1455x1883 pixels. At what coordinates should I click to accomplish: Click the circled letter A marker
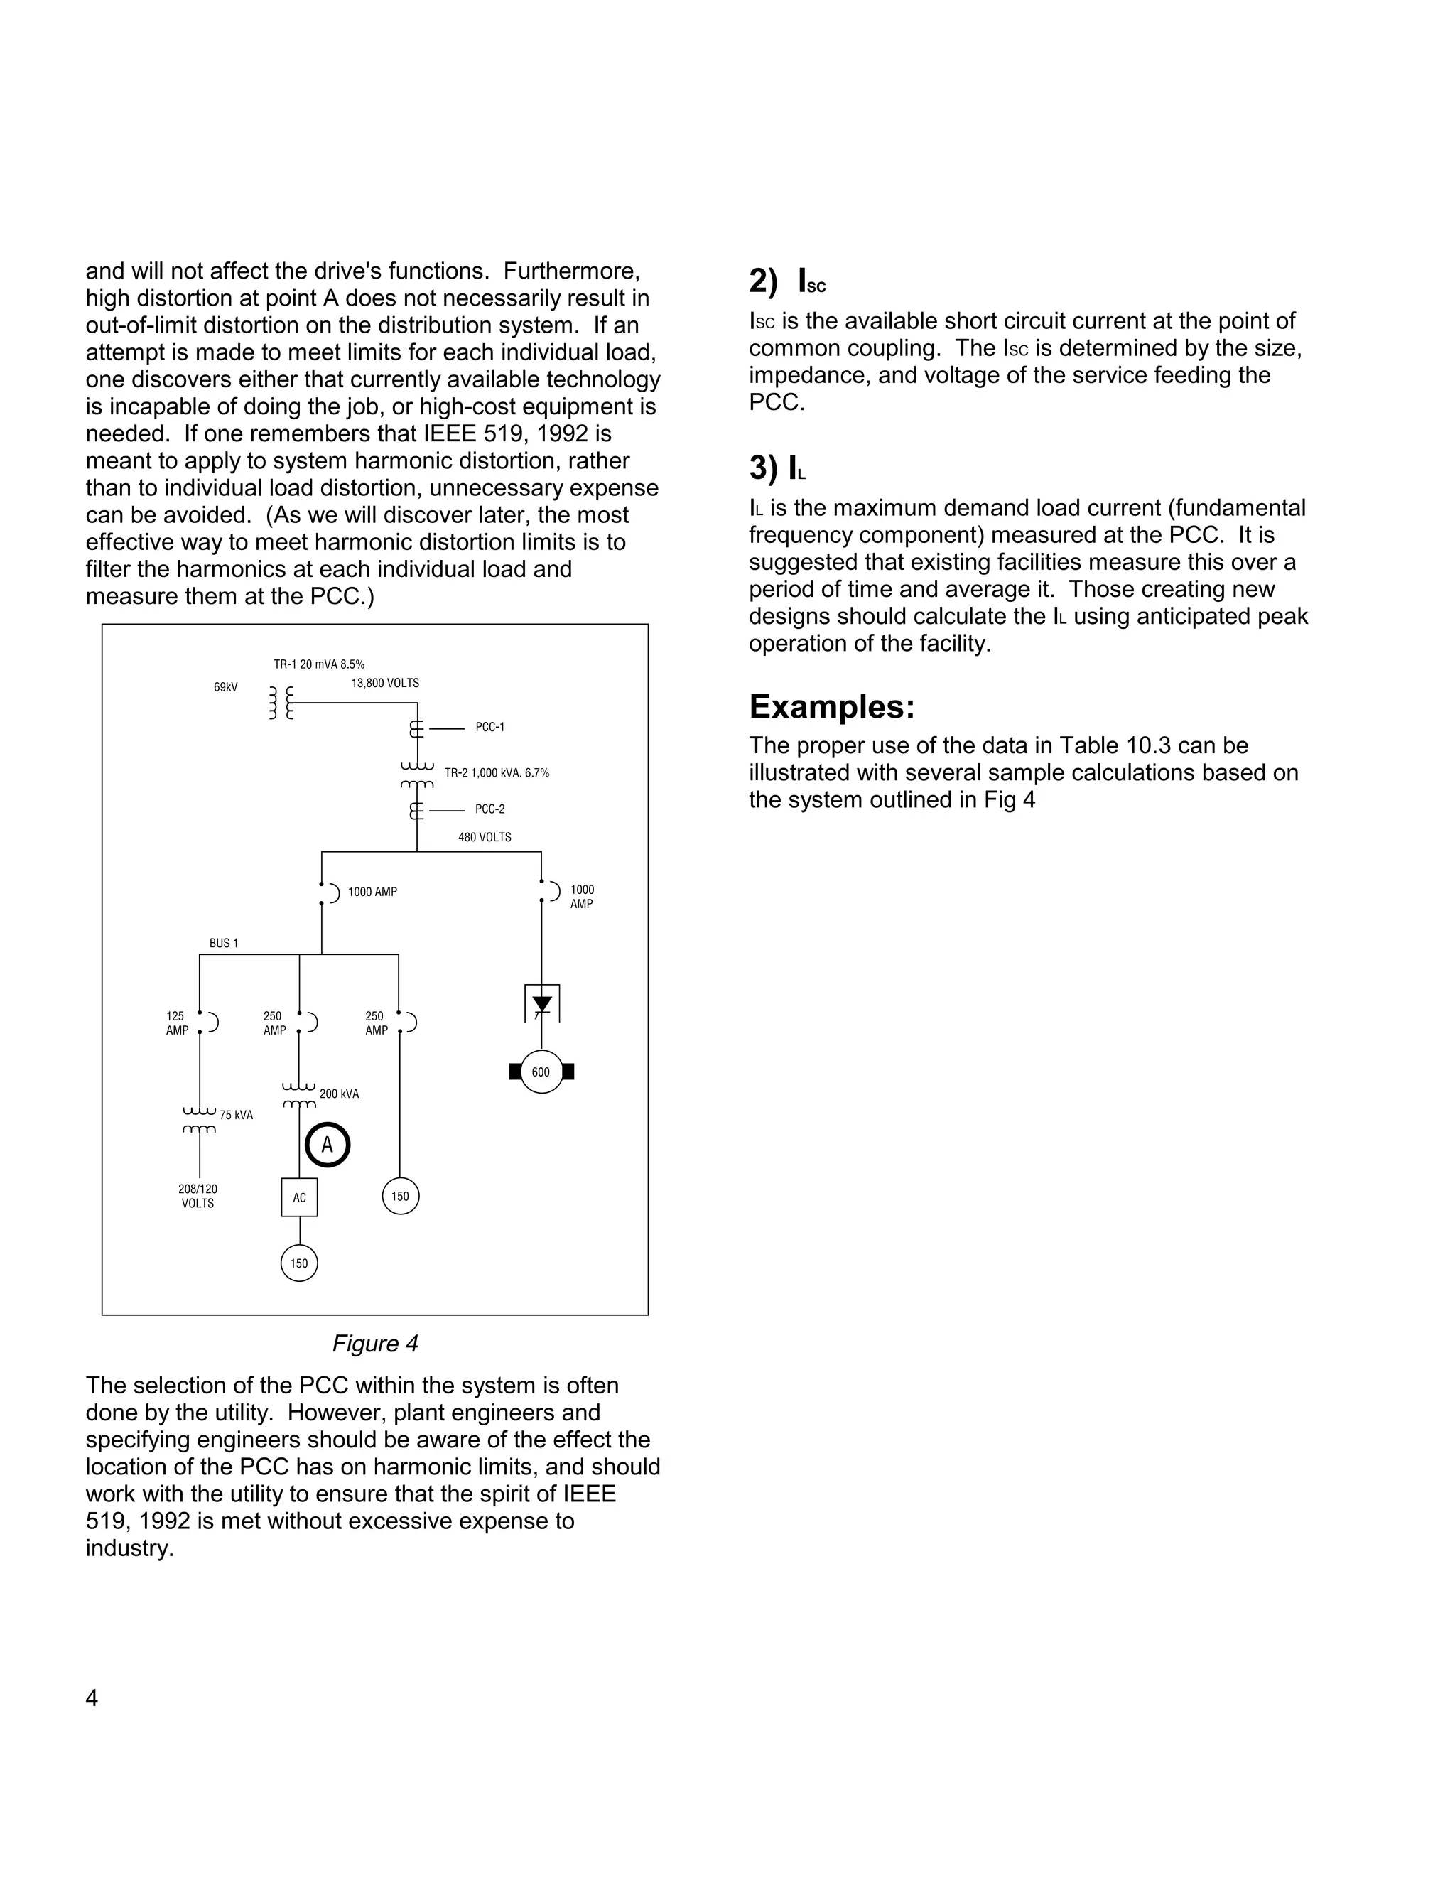pos(328,1145)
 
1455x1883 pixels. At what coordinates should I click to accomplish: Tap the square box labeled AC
pos(299,1197)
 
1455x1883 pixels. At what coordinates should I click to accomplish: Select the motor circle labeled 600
pos(541,1072)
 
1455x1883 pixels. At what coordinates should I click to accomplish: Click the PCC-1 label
pos(489,727)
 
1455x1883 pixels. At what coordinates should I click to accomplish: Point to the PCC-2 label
pos(489,809)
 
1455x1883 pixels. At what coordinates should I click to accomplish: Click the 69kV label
pos(226,687)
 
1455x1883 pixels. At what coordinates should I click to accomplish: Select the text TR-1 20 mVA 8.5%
pos(319,664)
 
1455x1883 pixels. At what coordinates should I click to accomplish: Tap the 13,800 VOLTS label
pos(384,683)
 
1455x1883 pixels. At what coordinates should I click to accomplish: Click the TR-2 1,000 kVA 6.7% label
pos(497,772)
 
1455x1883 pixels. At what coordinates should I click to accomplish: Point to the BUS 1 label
pos(223,943)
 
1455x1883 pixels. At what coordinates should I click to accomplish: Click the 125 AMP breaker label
pos(177,1023)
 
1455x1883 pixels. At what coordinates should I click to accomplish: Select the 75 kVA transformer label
pos(236,1115)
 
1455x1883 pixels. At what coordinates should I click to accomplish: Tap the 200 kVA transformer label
pos(339,1094)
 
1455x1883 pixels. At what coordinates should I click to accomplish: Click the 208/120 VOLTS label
pos(198,1196)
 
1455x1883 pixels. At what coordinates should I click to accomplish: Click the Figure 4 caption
pos(375,1343)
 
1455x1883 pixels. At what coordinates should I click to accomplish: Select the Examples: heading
pos(831,707)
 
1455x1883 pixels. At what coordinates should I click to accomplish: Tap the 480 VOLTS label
pos(485,837)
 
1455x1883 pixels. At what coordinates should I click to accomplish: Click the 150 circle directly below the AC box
pos(299,1263)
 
